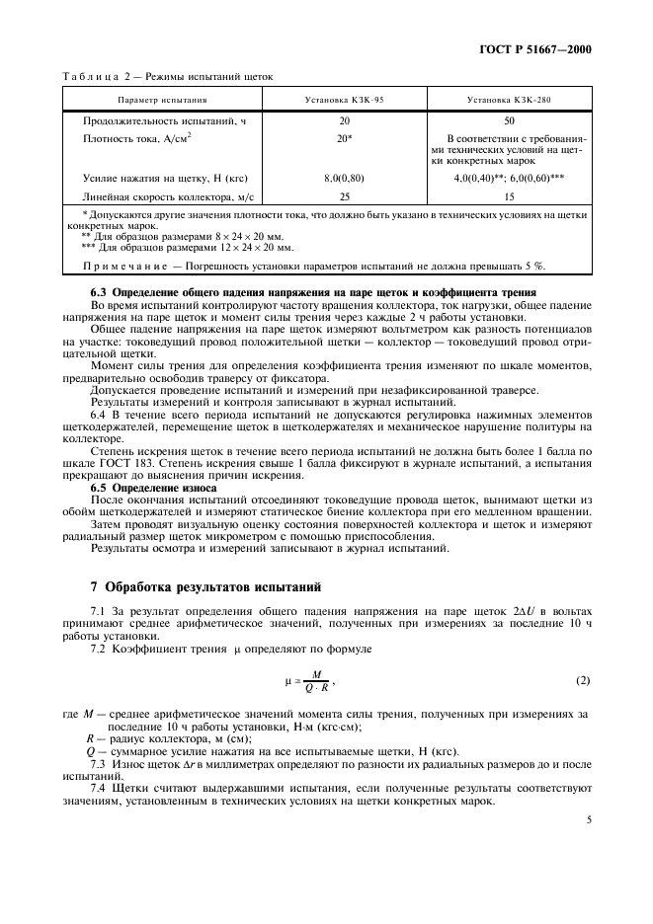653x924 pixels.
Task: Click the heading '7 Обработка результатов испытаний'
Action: coord(210,588)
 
